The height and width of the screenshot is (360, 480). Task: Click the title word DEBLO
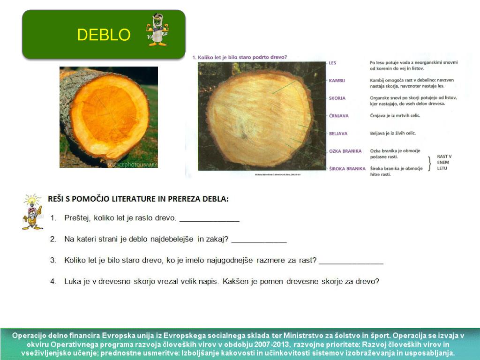click(104, 35)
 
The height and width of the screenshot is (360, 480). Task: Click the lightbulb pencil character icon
click(32, 212)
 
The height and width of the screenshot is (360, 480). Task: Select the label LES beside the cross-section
click(332, 62)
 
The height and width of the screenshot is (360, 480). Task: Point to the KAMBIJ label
click(337, 81)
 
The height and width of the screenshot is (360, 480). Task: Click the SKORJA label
click(337, 98)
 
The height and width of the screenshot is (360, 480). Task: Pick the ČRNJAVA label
click(338, 115)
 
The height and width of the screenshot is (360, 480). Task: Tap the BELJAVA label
click(338, 134)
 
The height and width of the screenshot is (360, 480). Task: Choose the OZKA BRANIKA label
click(345, 151)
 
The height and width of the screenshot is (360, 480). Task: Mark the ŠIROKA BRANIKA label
click(347, 168)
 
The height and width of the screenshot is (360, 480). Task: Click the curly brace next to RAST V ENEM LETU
click(429, 162)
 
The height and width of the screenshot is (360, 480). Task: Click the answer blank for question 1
click(209, 220)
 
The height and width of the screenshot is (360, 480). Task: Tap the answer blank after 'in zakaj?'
click(259, 241)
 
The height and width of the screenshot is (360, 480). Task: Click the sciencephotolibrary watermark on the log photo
click(132, 165)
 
